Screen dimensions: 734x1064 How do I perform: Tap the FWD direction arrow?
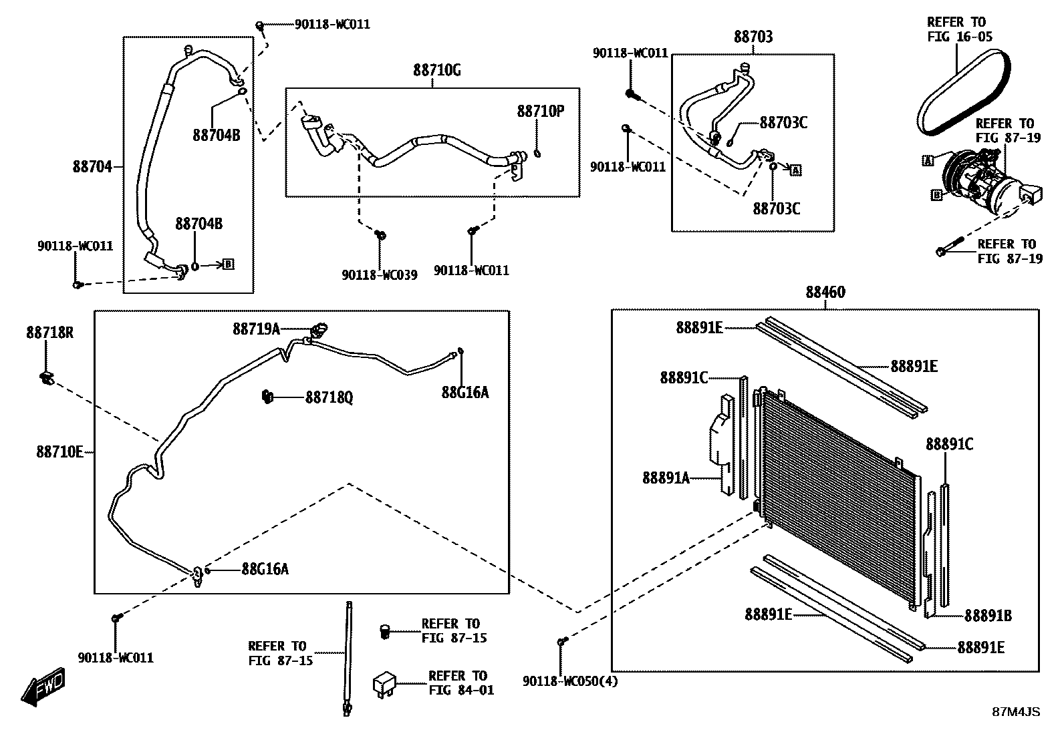[43, 688]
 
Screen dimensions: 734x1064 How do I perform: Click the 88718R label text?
[50, 332]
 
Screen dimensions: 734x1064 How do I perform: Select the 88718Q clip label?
[329, 398]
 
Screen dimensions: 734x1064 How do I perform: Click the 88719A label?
[256, 329]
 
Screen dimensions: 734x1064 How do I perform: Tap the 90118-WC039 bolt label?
[379, 274]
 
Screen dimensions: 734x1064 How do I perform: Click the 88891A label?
[666, 478]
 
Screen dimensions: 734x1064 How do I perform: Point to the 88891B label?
[987, 616]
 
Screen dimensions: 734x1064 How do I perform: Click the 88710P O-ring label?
[540, 112]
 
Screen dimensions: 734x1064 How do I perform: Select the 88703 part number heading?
[753, 37]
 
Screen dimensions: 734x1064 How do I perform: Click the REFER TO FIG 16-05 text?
[959, 29]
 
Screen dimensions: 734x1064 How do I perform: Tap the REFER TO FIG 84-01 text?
[461, 683]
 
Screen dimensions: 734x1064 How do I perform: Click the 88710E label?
[59, 452]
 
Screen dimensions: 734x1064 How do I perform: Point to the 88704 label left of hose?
[92, 166]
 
